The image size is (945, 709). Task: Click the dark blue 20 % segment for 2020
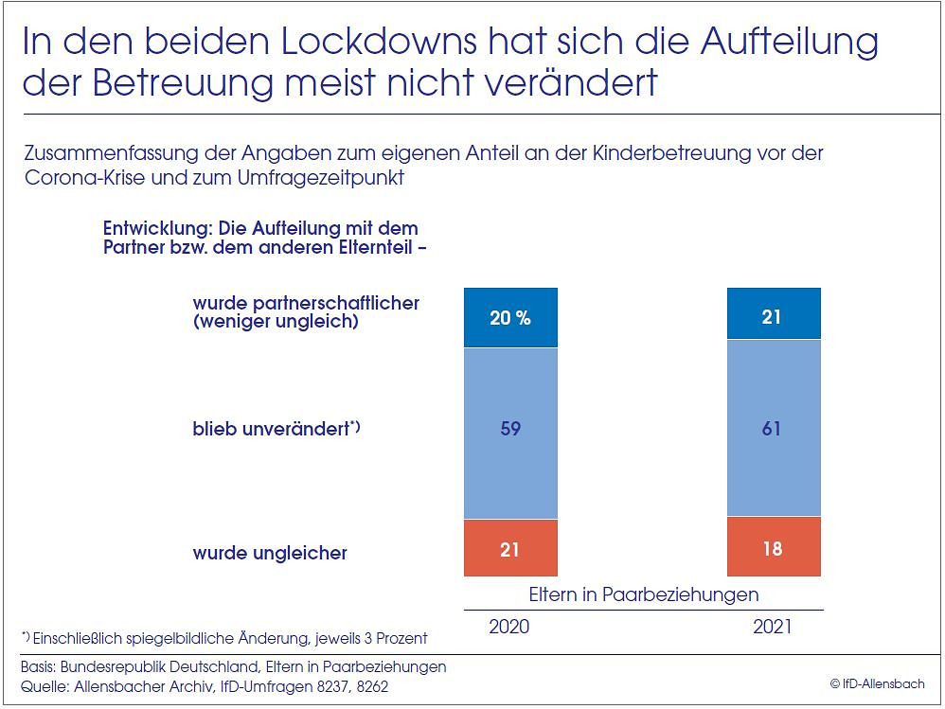(510, 317)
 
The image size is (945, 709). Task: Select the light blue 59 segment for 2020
(510, 429)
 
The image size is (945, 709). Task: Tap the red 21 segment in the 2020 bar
(510, 548)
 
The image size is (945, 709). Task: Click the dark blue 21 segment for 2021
(773, 316)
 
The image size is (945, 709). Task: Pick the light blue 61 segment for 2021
(773, 429)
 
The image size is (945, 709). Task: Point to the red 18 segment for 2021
(773, 547)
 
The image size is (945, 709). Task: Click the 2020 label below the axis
(508, 627)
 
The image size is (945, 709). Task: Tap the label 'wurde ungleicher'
(270, 553)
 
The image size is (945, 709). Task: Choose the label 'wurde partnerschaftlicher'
(306, 303)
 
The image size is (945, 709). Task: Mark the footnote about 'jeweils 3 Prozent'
(224, 637)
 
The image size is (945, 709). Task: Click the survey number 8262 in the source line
(368, 686)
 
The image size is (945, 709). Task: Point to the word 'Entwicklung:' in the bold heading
(157, 229)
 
